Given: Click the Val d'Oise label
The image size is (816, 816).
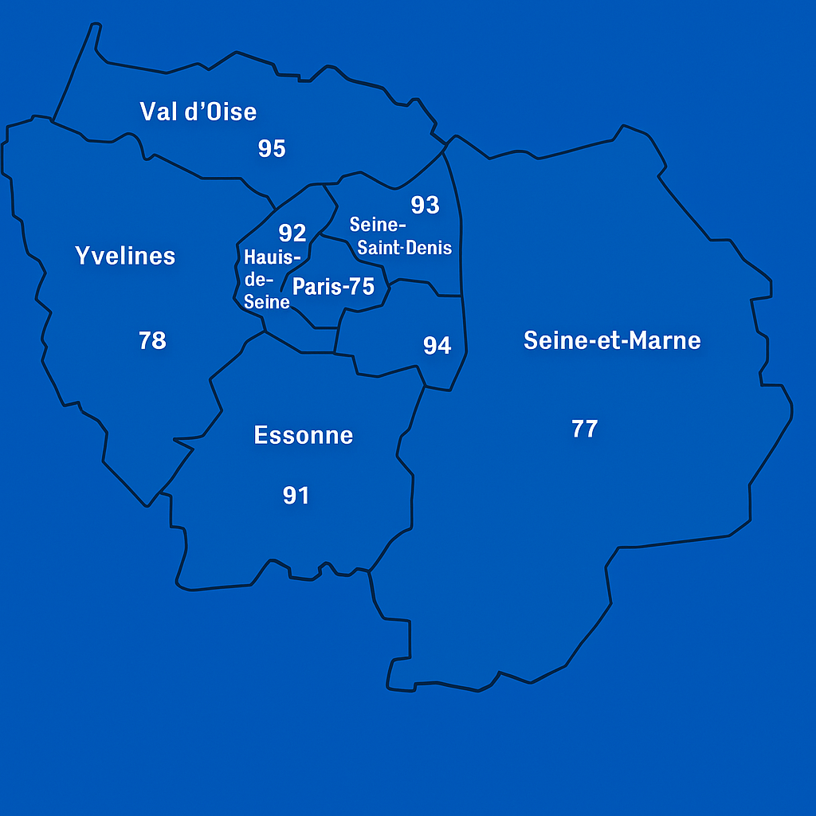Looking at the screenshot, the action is [198, 112].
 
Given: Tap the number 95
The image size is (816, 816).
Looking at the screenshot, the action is [272, 148].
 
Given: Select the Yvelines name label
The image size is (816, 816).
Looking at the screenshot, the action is [125, 256].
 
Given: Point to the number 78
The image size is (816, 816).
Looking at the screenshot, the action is [152, 340].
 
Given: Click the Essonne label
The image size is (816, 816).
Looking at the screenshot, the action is [303, 435].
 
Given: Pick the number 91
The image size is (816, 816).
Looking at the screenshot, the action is [296, 496].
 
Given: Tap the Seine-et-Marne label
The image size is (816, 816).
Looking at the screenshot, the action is [612, 340].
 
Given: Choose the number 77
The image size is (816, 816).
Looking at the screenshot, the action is [584, 429].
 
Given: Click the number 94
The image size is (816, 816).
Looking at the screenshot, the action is [437, 345].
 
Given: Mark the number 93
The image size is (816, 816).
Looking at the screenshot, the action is [425, 206].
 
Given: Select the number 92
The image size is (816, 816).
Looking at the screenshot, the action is [292, 233].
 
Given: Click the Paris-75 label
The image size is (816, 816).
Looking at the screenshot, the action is [333, 287].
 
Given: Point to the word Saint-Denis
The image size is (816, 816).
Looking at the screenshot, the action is [405, 248].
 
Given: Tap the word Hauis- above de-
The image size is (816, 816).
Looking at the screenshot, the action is [273, 258].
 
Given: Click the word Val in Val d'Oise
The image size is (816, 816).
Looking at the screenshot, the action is [157, 112].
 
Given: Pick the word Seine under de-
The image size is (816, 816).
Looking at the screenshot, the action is [267, 301].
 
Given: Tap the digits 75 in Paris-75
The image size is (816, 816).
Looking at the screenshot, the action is [362, 287].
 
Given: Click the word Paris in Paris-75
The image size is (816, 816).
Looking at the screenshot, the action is [317, 287].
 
